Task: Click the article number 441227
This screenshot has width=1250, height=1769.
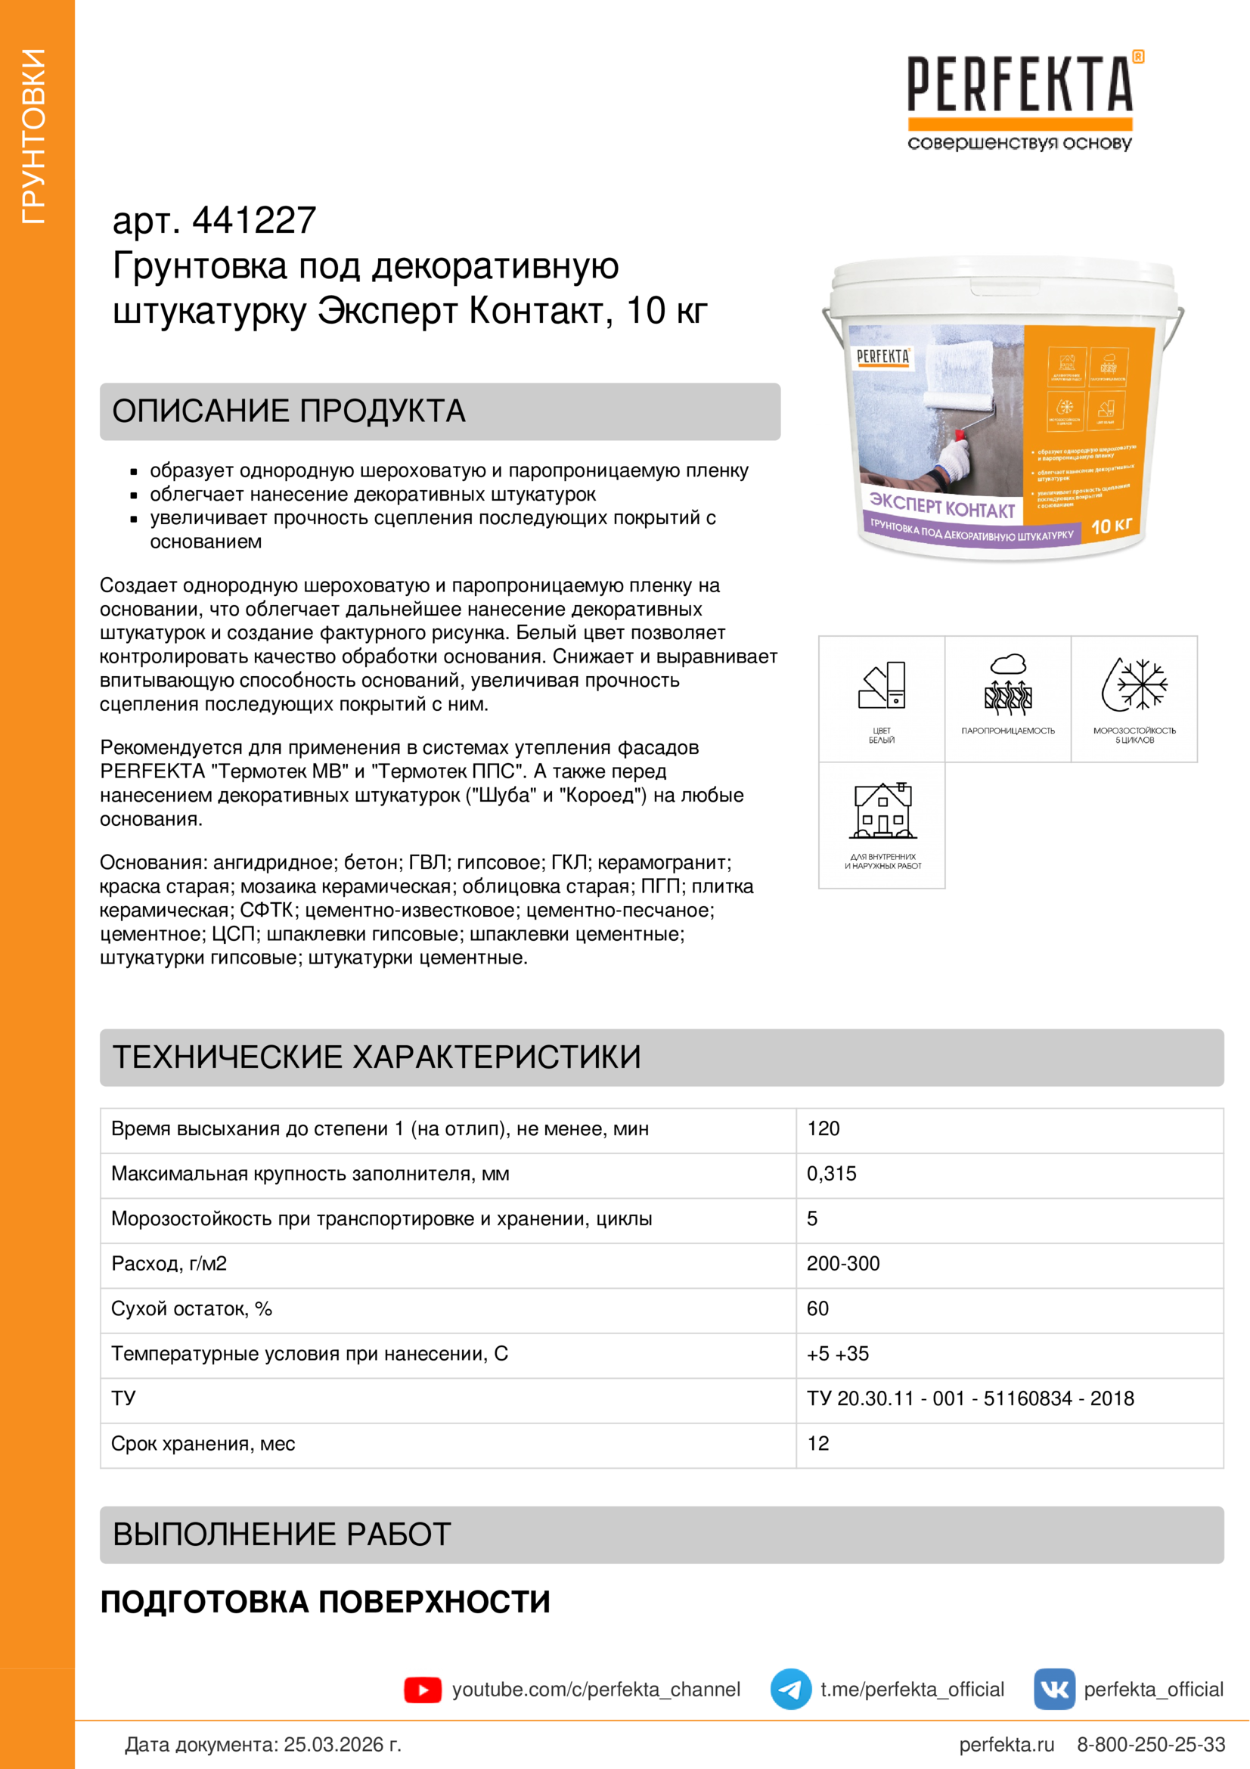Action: [253, 220]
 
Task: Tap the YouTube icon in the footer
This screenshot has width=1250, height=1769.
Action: [422, 1690]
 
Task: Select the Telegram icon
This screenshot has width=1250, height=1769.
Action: [790, 1690]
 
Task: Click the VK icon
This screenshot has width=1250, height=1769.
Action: [1053, 1690]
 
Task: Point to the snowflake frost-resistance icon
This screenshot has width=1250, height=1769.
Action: [1134, 684]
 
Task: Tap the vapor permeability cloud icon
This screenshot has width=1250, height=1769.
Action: [1008, 684]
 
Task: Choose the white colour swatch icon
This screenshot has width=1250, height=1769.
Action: [882, 684]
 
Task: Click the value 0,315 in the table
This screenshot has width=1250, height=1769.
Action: [831, 1175]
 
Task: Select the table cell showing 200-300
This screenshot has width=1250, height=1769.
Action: [842, 1265]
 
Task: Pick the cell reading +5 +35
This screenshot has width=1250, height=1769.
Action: [837, 1355]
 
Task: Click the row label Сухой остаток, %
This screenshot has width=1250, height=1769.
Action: [191, 1309]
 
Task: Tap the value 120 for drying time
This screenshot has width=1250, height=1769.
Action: [823, 1129]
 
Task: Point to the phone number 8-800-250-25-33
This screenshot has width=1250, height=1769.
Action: [1151, 1745]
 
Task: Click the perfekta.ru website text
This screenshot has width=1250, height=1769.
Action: [1006, 1745]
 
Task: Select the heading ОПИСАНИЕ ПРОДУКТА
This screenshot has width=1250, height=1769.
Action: [289, 411]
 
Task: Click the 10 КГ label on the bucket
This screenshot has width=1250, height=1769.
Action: [1112, 526]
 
